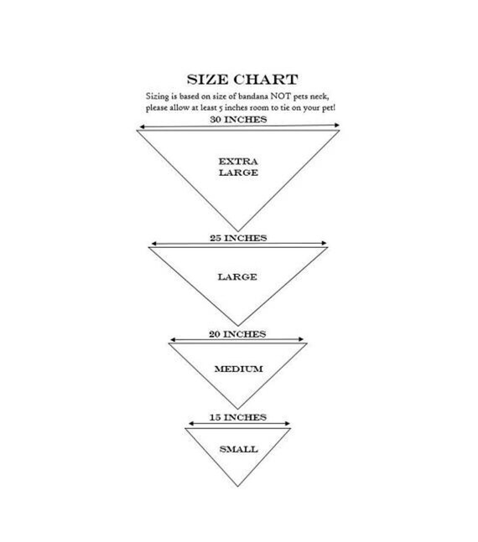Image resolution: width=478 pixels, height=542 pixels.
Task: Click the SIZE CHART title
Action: (242, 80)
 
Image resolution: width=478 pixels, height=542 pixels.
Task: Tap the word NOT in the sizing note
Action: (280, 95)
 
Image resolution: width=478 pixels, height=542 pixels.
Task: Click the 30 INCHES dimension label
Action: (238, 119)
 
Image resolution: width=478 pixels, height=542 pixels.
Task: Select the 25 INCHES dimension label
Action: (238, 238)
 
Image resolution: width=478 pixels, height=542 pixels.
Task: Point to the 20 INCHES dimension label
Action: (237, 334)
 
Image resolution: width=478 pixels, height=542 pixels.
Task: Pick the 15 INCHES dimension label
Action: (238, 417)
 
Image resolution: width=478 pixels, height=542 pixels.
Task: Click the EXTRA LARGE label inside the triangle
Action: (238, 167)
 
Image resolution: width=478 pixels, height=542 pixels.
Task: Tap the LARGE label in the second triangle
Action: (237, 277)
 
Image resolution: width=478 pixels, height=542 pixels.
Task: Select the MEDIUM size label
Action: (238, 369)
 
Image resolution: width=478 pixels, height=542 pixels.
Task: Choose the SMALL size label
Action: (238, 449)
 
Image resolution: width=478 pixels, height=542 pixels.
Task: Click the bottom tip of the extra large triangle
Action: (238, 231)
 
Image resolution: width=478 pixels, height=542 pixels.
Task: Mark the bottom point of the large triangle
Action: (238, 326)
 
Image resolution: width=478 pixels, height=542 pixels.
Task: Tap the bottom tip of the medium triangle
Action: (238, 409)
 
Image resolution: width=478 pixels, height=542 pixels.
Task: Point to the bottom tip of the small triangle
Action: (238, 487)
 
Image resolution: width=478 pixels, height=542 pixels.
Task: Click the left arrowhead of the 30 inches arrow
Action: (141, 126)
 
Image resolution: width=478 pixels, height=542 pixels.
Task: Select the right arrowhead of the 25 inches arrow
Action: (325, 243)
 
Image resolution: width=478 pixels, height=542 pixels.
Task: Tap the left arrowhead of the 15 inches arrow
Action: (190, 423)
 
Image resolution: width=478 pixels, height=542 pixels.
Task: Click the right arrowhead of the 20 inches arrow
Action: (301, 339)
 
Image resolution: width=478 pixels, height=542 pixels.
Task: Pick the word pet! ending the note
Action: (329, 108)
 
